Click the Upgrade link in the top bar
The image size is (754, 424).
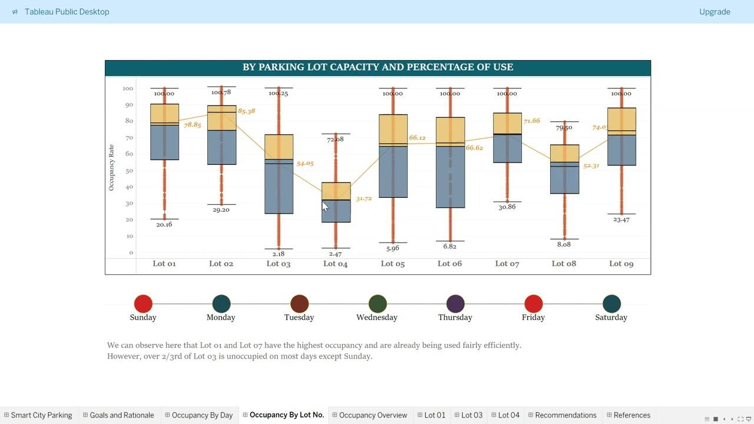pos(715,12)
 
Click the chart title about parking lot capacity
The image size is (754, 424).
pos(378,67)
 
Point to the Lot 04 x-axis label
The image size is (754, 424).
pos(335,264)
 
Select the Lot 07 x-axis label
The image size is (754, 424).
pos(507,264)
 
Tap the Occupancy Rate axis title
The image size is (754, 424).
pos(111,168)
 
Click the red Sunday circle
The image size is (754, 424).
pos(143,304)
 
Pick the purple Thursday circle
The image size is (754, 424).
pos(455,304)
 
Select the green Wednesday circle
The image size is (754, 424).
pos(377,304)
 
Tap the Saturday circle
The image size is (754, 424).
pos(611,304)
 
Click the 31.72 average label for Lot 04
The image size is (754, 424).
pos(363,199)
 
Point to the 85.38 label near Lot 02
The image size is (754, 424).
pos(246,111)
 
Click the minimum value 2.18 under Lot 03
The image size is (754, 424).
pos(279,254)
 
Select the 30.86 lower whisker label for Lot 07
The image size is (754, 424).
pos(507,207)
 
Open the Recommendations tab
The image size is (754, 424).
pos(565,415)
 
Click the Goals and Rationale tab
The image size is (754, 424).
pos(121,415)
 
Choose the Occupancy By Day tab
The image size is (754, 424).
pos(202,415)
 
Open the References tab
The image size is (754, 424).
pos(631,415)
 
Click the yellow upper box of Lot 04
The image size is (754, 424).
pos(336,191)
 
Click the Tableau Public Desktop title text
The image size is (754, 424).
pos(67,12)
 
